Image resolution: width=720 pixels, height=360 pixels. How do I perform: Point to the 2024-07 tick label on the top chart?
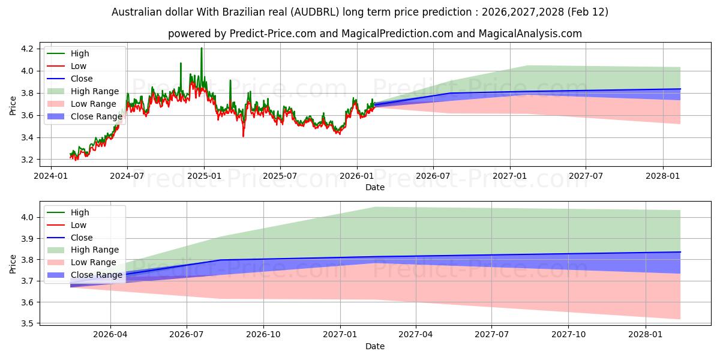click(127, 176)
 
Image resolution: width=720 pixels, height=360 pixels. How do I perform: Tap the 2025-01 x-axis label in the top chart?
click(204, 176)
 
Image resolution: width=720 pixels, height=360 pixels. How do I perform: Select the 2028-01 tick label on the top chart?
click(663, 176)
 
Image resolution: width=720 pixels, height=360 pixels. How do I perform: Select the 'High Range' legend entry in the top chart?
click(95, 91)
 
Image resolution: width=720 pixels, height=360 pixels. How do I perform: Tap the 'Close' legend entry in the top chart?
click(82, 79)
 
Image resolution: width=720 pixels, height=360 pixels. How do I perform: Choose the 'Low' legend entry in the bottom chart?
click(79, 225)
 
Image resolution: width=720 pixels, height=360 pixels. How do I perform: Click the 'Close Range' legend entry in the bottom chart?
click(97, 275)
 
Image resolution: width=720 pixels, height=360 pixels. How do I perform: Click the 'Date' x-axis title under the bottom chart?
click(375, 346)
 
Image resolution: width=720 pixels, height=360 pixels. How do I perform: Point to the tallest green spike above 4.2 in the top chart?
click(202, 49)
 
